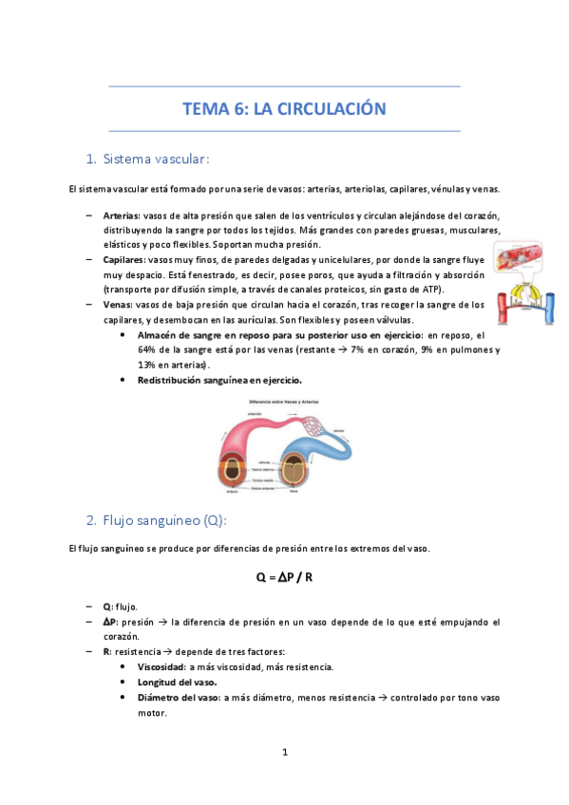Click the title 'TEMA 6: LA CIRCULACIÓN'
tap(284, 109)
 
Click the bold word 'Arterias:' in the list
tap(122, 215)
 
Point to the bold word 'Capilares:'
tap(125, 259)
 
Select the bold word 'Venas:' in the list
tap(119, 304)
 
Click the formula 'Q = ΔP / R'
tap(284, 576)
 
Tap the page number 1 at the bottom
tap(284, 753)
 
